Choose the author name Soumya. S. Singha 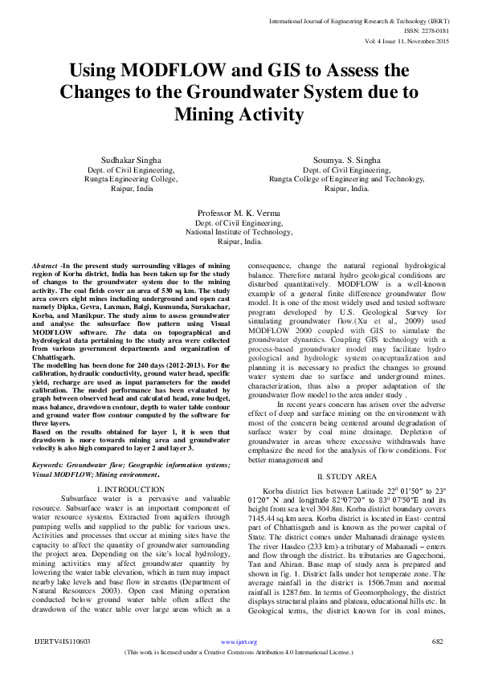point(347,161)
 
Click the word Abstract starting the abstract point(45,265)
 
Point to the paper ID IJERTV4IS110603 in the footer point(62,641)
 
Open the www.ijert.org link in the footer point(239,642)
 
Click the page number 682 point(438,641)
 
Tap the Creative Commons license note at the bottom point(239,654)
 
